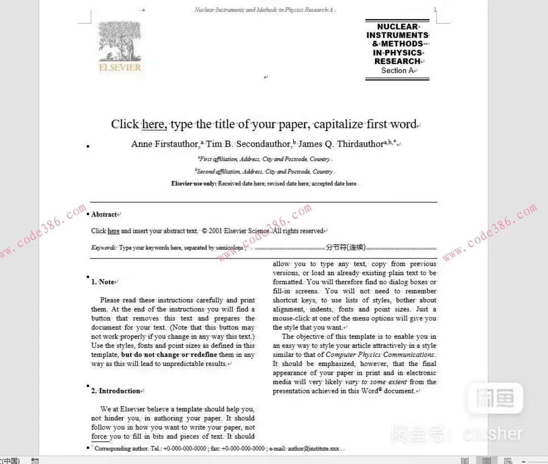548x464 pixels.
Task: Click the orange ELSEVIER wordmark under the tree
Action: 120,67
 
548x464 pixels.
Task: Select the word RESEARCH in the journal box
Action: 397,61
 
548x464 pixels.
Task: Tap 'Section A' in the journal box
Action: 397,71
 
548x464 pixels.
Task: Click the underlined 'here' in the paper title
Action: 154,124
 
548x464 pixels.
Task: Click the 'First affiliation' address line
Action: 264,159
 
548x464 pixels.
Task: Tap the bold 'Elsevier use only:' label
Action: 194,184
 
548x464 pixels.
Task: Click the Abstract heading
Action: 104,214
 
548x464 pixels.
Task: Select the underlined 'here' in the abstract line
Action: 114,231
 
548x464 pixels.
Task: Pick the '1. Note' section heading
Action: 103,282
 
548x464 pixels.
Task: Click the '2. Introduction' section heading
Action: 116,391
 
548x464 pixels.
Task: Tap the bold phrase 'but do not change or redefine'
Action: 169,355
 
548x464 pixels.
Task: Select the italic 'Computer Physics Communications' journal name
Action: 380,355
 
